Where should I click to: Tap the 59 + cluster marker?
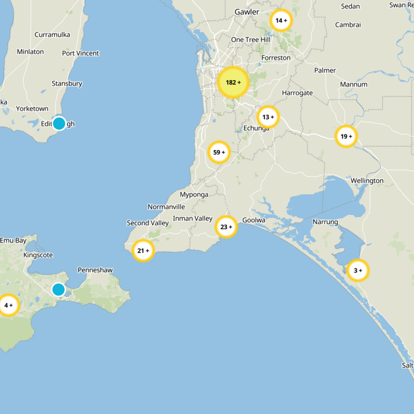(219, 152)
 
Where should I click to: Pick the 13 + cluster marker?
(268, 117)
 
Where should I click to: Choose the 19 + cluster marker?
(346, 137)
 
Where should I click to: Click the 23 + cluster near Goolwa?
(226, 227)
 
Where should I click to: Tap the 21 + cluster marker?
(143, 251)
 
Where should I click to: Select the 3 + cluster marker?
(358, 270)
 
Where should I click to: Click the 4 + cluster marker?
(8, 305)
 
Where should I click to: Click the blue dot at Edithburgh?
(59, 123)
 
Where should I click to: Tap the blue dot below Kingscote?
(58, 289)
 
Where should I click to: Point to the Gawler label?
(246, 11)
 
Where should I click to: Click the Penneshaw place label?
(95, 270)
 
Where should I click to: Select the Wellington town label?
(367, 181)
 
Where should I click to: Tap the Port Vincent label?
(80, 53)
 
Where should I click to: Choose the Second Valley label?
(148, 223)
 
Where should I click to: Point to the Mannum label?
(353, 84)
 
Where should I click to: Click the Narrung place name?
(325, 222)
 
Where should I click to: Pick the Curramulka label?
(52, 35)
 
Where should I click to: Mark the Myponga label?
(194, 195)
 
